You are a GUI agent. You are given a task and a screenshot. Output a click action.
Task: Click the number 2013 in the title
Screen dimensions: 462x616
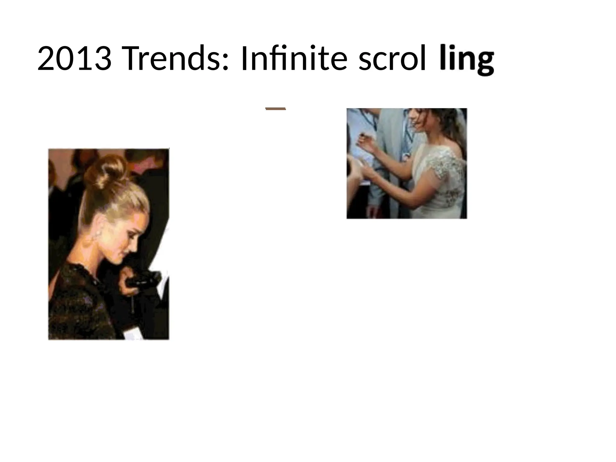point(74,59)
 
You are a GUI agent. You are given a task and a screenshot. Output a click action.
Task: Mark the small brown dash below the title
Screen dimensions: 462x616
point(276,109)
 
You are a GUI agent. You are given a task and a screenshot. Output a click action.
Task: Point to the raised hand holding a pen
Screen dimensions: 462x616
point(365,145)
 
